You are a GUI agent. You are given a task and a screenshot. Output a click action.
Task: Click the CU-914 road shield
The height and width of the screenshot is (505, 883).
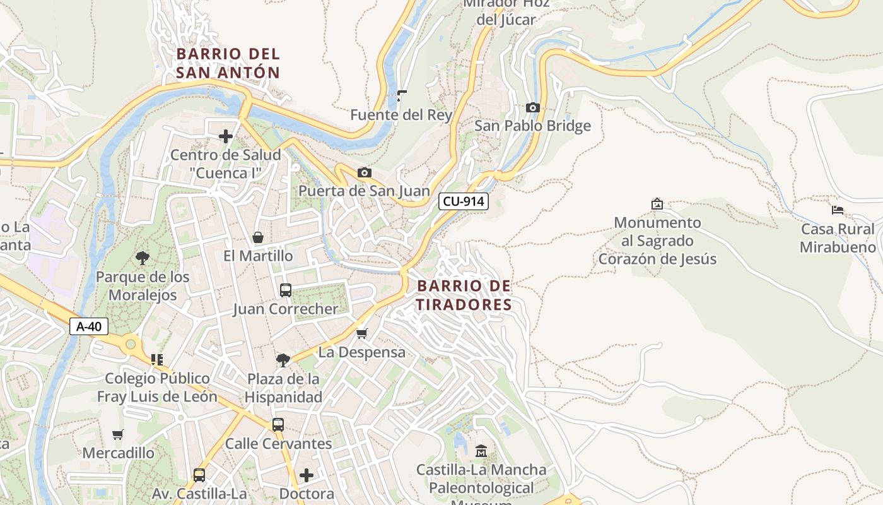(x=464, y=201)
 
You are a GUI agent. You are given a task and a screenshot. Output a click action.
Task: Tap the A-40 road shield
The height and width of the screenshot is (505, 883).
(x=89, y=326)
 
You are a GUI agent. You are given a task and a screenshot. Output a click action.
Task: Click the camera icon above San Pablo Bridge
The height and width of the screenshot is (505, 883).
(x=533, y=108)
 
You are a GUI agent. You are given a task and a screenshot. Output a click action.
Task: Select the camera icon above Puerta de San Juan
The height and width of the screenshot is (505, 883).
(x=364, y=173)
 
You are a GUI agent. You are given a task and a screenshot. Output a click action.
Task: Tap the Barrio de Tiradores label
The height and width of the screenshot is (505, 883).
(x=464, y=295)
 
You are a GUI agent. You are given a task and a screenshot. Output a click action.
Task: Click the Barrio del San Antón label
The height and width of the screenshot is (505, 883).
(x=228, y=63)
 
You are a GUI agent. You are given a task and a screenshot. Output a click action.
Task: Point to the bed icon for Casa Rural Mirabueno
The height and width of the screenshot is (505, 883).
(x=838, y=210)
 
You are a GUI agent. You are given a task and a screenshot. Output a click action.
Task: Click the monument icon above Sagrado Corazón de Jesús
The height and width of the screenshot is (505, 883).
(x=657, y=204)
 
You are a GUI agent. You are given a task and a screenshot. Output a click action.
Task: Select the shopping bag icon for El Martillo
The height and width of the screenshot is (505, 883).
(x=258, y=237)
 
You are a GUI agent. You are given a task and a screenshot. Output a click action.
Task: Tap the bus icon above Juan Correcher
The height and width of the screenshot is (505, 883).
(x=286, y=290)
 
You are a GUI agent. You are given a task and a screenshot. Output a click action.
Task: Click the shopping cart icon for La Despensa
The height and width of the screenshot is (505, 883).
(x=361, y=333)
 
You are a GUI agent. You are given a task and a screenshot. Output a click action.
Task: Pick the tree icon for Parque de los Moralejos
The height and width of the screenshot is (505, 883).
(x=143, y=258)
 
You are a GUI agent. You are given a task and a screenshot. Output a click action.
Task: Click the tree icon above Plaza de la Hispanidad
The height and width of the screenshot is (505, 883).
(x=283, y=360)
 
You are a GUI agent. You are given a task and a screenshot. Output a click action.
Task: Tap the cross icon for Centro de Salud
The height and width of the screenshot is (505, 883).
(x=225, y=136)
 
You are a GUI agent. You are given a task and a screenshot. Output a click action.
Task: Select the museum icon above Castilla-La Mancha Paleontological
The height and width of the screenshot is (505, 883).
(x=481, y=451)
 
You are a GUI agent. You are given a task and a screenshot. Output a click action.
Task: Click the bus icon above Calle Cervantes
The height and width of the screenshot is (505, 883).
(x=278, y=425)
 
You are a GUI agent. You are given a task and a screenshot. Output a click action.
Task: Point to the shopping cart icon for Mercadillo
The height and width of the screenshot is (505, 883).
(x=118, y=434)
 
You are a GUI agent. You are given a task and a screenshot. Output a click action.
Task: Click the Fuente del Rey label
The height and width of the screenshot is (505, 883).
(x=402, y=115)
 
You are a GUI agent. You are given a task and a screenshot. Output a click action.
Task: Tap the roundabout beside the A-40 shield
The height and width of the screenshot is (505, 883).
(x=131, y=345)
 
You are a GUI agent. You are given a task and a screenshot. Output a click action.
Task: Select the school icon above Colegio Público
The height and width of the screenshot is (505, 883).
(x=157, y=360)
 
